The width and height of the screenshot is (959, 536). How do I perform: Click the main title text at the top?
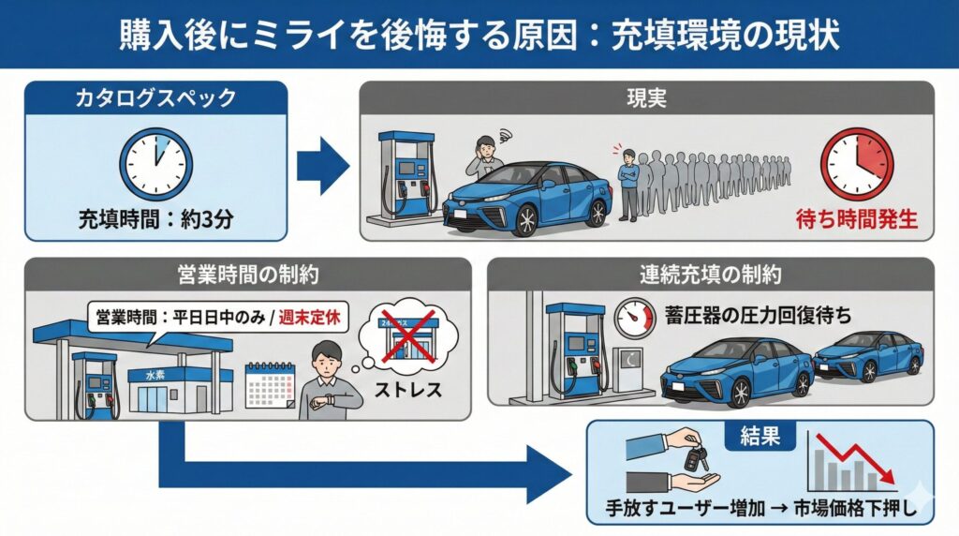pos(479,34)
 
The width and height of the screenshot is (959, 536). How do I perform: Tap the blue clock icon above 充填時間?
pos(155,164)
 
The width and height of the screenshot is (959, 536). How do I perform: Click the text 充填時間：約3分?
pos(155,223)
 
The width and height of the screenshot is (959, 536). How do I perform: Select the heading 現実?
pos(646,97)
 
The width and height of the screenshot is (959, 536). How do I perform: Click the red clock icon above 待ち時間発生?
pos(856,164)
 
